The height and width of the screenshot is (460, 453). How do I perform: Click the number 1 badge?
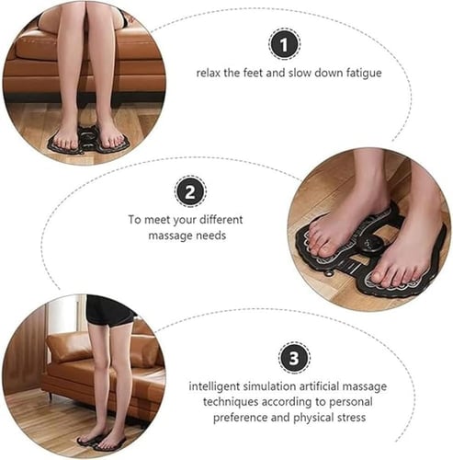284,44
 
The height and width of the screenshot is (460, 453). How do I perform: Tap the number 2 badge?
190,191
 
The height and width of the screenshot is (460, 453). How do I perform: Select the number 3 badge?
294,358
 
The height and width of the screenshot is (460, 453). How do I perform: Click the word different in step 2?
221,220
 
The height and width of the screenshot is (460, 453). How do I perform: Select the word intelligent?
214,386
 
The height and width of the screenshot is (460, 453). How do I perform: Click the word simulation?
269,386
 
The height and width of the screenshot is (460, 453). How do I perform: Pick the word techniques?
231,402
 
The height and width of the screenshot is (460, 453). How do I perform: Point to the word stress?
351,418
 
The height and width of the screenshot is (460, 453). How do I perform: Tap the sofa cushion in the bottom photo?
69,347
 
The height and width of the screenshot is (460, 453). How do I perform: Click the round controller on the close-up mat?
371,245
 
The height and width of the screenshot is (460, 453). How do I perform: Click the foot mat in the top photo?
88,141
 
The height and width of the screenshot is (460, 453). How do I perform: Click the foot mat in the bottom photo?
101,443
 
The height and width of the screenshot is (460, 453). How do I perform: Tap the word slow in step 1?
300,73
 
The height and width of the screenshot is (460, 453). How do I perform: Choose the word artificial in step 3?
319,386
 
